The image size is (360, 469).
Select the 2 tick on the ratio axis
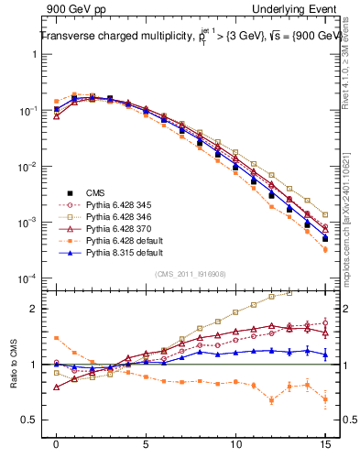tap(37, 309)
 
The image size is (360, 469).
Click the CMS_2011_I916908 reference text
tap(191, 274)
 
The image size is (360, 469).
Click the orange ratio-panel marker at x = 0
tap(57, 338)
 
